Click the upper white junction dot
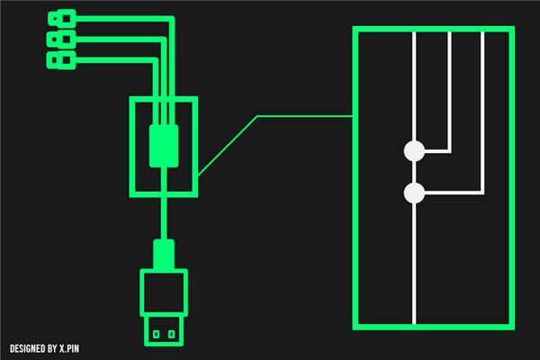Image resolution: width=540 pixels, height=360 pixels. point(414,151)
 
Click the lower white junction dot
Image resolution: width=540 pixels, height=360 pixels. point(414,193)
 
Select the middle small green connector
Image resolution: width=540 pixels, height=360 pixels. point(61,40)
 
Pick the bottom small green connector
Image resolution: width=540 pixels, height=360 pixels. point(61,60)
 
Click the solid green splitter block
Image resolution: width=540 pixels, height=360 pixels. point(164,146)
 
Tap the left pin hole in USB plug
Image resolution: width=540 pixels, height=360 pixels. point(156,335)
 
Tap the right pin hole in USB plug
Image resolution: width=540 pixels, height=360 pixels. point(171,335)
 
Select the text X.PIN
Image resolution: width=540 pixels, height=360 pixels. point(74,348)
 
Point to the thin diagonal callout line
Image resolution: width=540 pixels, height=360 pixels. point(227,145)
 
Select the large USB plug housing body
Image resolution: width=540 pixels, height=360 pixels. point(164,292)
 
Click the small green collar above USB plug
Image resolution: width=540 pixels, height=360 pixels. point(164,254)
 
